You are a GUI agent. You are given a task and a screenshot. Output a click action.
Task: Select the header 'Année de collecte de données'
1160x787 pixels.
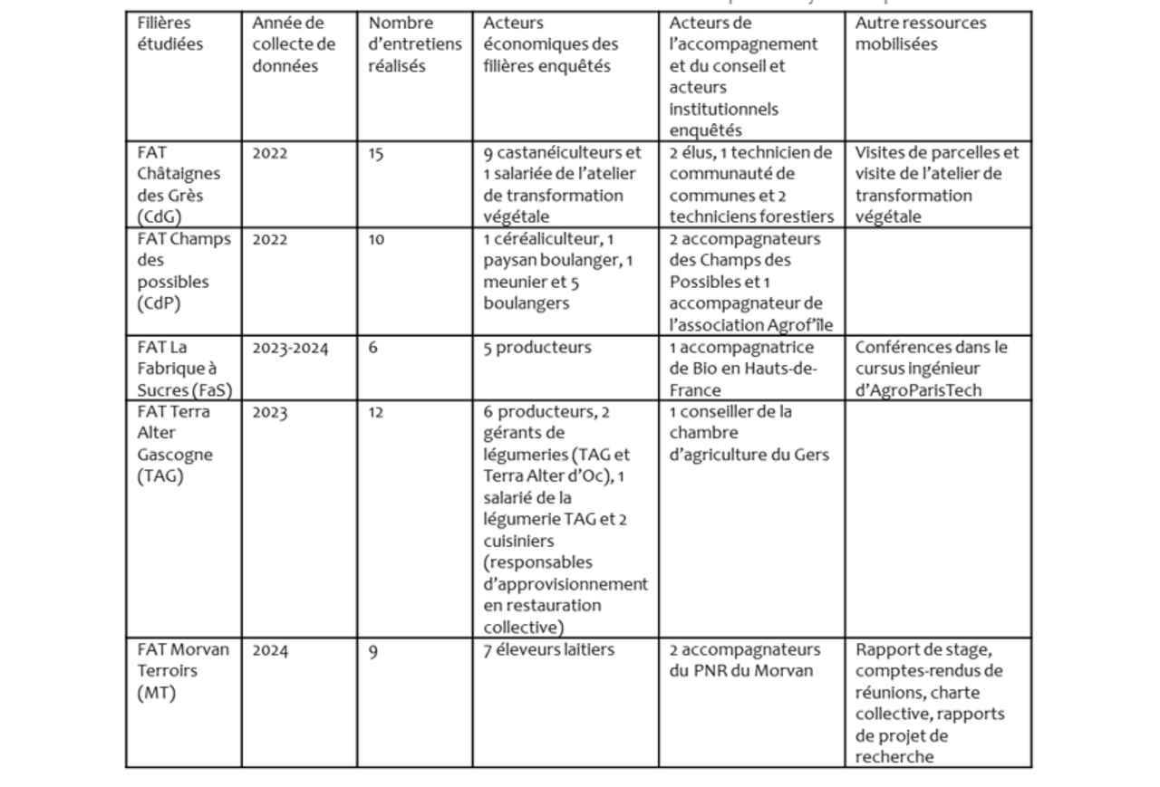[x=294, y=44]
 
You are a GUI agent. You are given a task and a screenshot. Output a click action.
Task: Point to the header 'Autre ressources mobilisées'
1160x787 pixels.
[x=921, y=34]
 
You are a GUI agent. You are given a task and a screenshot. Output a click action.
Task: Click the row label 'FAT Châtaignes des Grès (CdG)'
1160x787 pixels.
[x=179, y=185]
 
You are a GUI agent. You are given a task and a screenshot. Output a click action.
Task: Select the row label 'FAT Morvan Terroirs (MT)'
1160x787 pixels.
[x=183, y=671]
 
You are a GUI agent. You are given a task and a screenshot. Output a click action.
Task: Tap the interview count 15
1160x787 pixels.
[x=376, y=154]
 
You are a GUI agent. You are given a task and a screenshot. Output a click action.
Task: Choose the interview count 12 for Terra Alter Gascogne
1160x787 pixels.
[x=376, y=413]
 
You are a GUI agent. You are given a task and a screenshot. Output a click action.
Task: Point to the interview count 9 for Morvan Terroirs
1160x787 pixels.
[x=373, y=651]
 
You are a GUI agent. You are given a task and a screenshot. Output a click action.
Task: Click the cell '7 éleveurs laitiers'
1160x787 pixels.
[x=548, y=650]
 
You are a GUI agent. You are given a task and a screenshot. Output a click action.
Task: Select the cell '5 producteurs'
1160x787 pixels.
[x=536, y=348]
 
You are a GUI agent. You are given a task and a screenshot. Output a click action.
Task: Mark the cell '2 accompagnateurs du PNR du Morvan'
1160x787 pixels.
[x=745, y=660]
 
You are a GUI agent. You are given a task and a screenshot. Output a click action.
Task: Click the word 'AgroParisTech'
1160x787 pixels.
[x=917, y=390]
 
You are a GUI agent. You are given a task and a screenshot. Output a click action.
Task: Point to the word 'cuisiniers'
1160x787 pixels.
[x=522, y=541]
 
